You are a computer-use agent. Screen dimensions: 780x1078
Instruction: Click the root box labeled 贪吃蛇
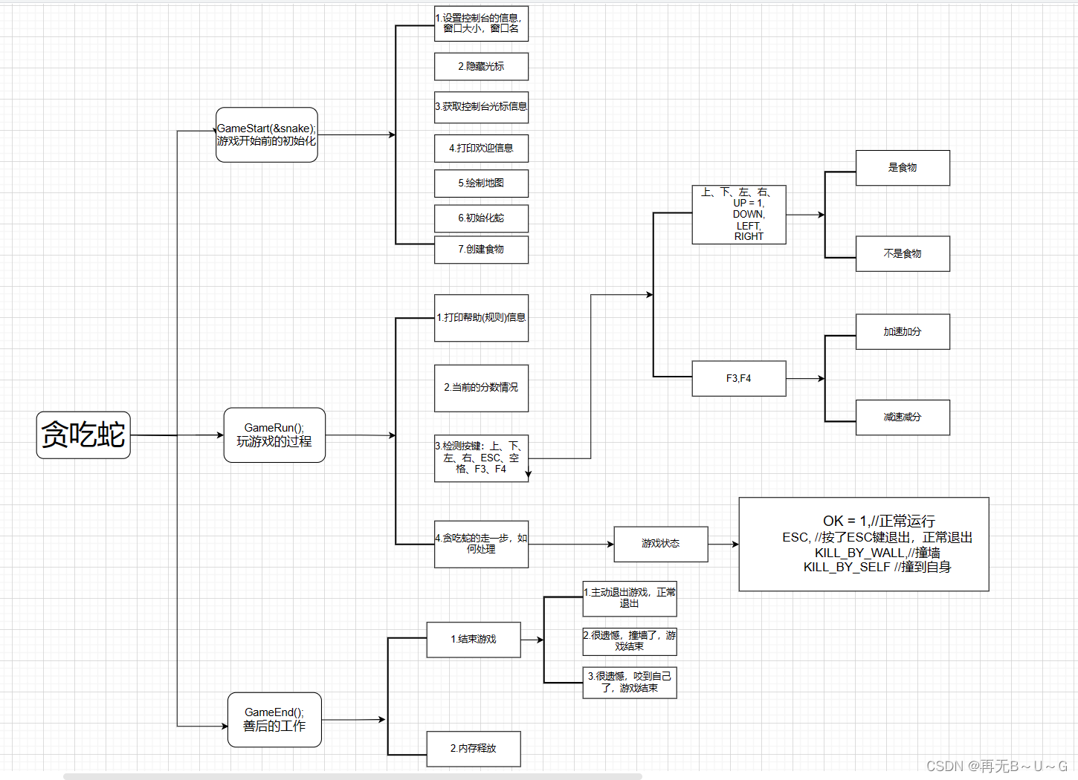tap(83, 435)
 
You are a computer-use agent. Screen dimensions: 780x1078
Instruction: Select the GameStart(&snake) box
tap(267, 134)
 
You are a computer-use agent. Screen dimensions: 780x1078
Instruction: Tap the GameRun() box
tap(274, 435)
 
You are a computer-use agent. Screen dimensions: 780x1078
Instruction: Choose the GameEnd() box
tap(274, 720)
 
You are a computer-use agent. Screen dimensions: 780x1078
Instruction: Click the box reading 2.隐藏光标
tap(481, 67)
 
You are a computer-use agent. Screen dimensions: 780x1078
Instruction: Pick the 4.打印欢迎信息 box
tap(481, 149)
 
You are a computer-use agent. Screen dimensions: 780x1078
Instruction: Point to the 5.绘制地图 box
tap(481, 183)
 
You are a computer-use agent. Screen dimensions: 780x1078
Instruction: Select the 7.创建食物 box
tap(481, 250)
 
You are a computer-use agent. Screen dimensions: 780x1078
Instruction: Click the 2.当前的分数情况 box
tap(481, 388)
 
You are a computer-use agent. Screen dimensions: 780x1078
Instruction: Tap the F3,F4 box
tap(738, 379)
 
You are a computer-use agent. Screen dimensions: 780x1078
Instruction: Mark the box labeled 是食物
tap(903, 168)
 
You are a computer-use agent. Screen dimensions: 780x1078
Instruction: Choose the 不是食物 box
tap(903, 254)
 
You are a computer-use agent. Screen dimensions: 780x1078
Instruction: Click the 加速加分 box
tap(903, 332)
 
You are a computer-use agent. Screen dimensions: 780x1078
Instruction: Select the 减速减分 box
tap(903, 417)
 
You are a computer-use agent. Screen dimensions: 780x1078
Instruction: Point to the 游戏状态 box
tap(660, 544)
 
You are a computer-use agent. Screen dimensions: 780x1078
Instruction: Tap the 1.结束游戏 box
tap(474, 640)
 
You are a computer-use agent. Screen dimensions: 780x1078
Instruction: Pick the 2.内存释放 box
tap(474, 749)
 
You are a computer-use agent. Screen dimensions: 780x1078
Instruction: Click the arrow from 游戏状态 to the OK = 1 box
tap(723, 545)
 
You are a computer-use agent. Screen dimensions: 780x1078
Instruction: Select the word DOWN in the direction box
tap(748, 215)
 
